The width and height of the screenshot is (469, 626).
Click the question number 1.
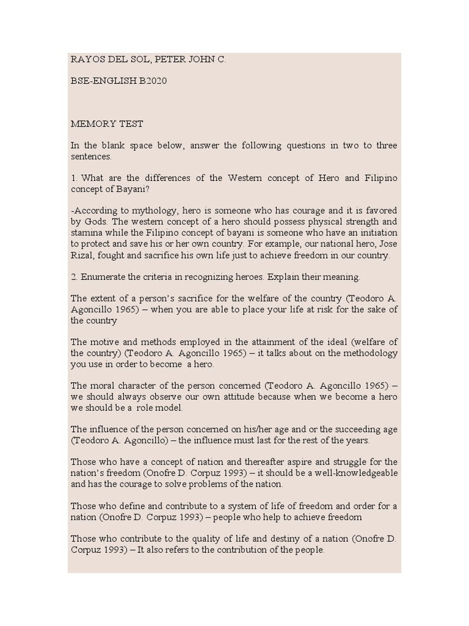pyautogui.click(x=73, y=178)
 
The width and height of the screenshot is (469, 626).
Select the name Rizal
pyautogui.click(x=82, y=256)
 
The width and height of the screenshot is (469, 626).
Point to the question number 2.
pyautogui.click(x=73, y=277)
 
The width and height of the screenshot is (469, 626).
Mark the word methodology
pyautogui.click(x=372, y=353)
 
